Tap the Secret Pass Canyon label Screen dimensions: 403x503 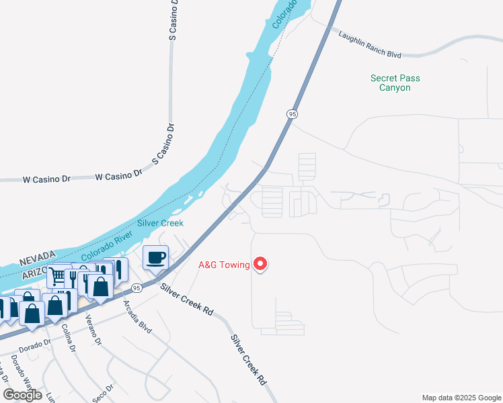click(395, 83)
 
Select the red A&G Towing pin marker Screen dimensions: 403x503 click(260, 265)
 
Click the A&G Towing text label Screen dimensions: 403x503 click(224, 265)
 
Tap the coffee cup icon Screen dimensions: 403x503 click(156, 257)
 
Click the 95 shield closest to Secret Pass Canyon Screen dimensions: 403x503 click(292, 114)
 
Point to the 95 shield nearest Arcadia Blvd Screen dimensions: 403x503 click(136, 288)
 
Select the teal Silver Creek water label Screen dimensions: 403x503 click(160, 223)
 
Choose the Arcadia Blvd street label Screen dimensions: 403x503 click(137, 317)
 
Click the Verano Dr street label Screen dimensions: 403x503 click(93, 331)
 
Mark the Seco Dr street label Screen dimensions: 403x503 click(105, 392)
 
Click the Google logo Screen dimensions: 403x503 click(22, 395)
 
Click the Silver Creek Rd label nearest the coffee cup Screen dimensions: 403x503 click(186, 300)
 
